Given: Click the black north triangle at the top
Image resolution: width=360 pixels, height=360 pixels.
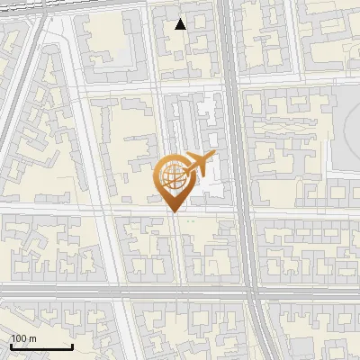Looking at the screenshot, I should pyautogui.click(x=181, y=24).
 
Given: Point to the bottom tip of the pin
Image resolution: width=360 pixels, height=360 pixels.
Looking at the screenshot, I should pyautogui.click(x=173, y=211).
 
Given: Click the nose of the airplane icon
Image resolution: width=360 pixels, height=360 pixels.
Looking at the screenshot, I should pyautogui.click(x=212, y=156).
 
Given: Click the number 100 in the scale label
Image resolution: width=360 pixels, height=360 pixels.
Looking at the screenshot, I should pyautogui.click(x=18, y=338).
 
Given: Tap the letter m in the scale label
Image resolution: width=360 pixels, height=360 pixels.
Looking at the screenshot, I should pyautogui.click(x=31, y=338).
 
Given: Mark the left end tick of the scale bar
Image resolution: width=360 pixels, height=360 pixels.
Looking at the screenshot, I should pyautogui.click(x=11, y=346).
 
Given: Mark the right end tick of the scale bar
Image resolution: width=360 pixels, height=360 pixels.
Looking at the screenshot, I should pyautogui.click(x=72, y=346).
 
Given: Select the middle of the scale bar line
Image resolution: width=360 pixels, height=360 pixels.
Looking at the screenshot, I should pyautogui.click(x=41, y=346).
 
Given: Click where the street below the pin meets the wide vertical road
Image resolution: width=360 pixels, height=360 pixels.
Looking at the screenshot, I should pyautogui.click(x=239, y=211).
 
